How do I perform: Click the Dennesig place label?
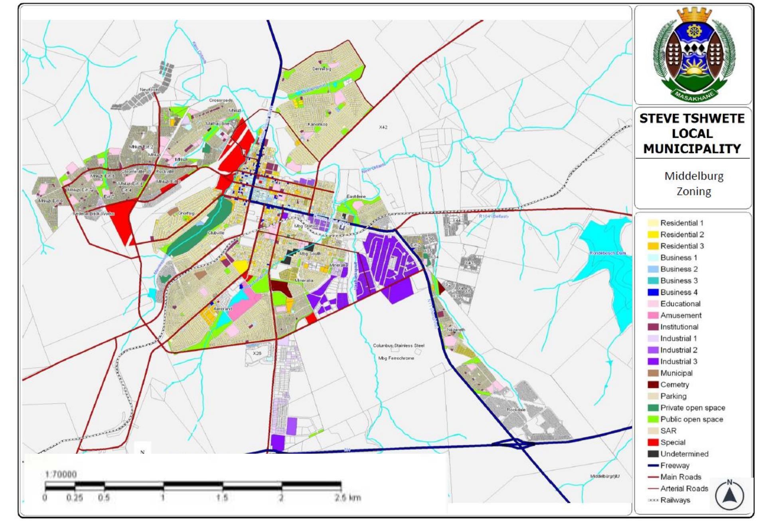tap(322, 69)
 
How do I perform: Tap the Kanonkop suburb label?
tap(318, 124)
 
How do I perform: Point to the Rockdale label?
tap(516, 410)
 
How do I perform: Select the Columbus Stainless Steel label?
tap(399, 345)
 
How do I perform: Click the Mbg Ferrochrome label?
tap(396, 358)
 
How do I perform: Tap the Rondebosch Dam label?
tap(608, 253)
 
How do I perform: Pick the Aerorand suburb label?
tap(223, 309)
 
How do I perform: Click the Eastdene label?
tap(356, 197)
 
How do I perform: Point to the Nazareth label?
tap(456, 330)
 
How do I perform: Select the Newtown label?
tap(149, 90)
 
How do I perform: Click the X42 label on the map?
tap(383, 127)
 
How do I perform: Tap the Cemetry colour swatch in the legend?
tap(653, 385)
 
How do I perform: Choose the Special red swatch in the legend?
tap(653, 442)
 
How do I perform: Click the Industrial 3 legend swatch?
tap(653, 361)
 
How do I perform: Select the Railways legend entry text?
tap(675, 500)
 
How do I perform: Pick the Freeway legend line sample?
tap(653, 465)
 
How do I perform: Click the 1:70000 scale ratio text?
tap(61, 474)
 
